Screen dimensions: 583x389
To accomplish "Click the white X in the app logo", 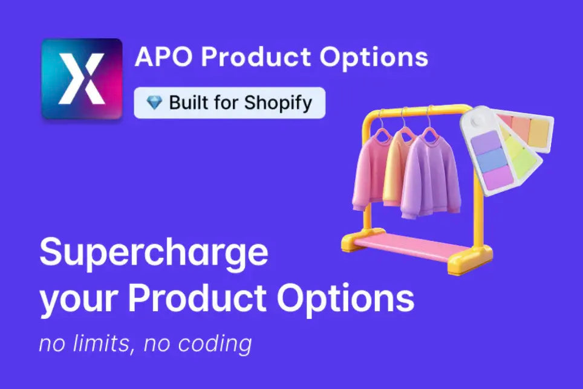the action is point(82,79).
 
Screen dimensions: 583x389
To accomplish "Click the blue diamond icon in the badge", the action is point(154,103).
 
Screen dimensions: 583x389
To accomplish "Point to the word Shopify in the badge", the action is point(278,103).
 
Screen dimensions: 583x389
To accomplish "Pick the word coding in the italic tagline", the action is point(215,344).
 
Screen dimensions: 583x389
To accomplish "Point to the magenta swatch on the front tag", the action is point(498,176).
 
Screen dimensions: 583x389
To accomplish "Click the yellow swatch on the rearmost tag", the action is point(538,130).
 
